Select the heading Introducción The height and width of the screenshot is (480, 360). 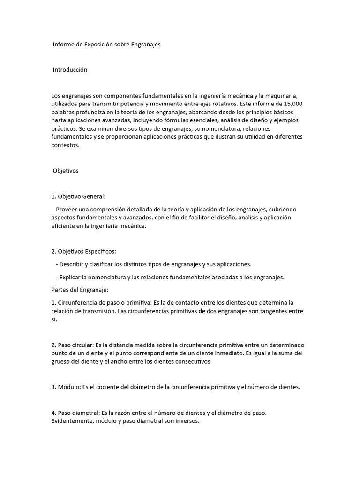[x=70, y=70]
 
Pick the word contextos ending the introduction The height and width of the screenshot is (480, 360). [x=65, y=145]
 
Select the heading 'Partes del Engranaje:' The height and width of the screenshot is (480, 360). [x=80, y=290]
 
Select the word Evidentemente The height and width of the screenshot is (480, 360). [x=72, y=421]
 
